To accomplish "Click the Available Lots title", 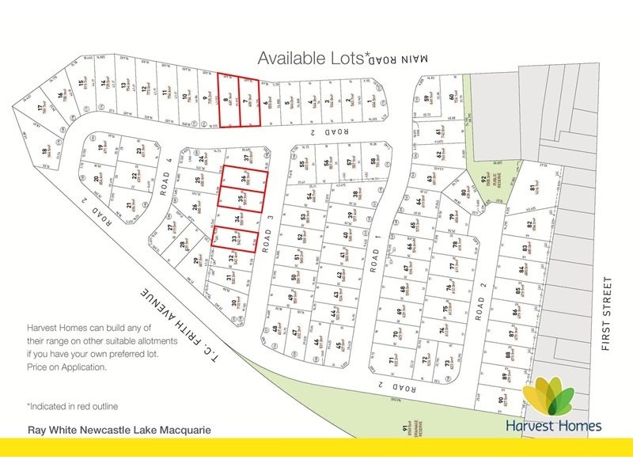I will [x=313, y=58].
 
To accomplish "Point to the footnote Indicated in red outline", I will [x=73, y=406].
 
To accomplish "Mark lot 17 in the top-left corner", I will [x=40, y=111].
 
